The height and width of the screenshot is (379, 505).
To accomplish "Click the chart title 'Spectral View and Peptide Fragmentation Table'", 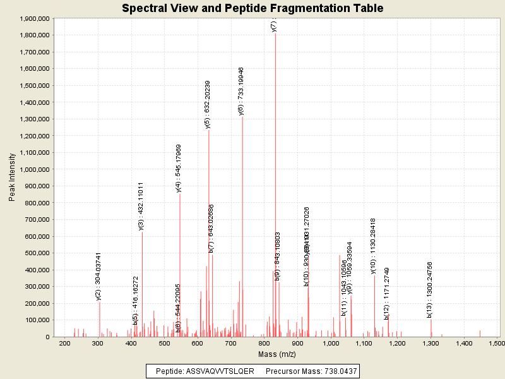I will pyautogui.click(x=252, y=8).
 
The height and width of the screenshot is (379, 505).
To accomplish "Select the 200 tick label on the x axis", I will pyautogui.click(x=64, y=343).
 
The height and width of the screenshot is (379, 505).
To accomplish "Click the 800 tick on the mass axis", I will pyautogui.click(x=264, y=343).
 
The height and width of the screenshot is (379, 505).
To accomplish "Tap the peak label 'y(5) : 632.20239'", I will pyautogui.click(x=208, y=104).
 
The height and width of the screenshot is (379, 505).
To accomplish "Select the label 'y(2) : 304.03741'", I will pyautogui.click(x=98, y=276).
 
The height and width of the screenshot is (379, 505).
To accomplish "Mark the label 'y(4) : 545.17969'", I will pyautogui.click(x=179, y=167).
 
